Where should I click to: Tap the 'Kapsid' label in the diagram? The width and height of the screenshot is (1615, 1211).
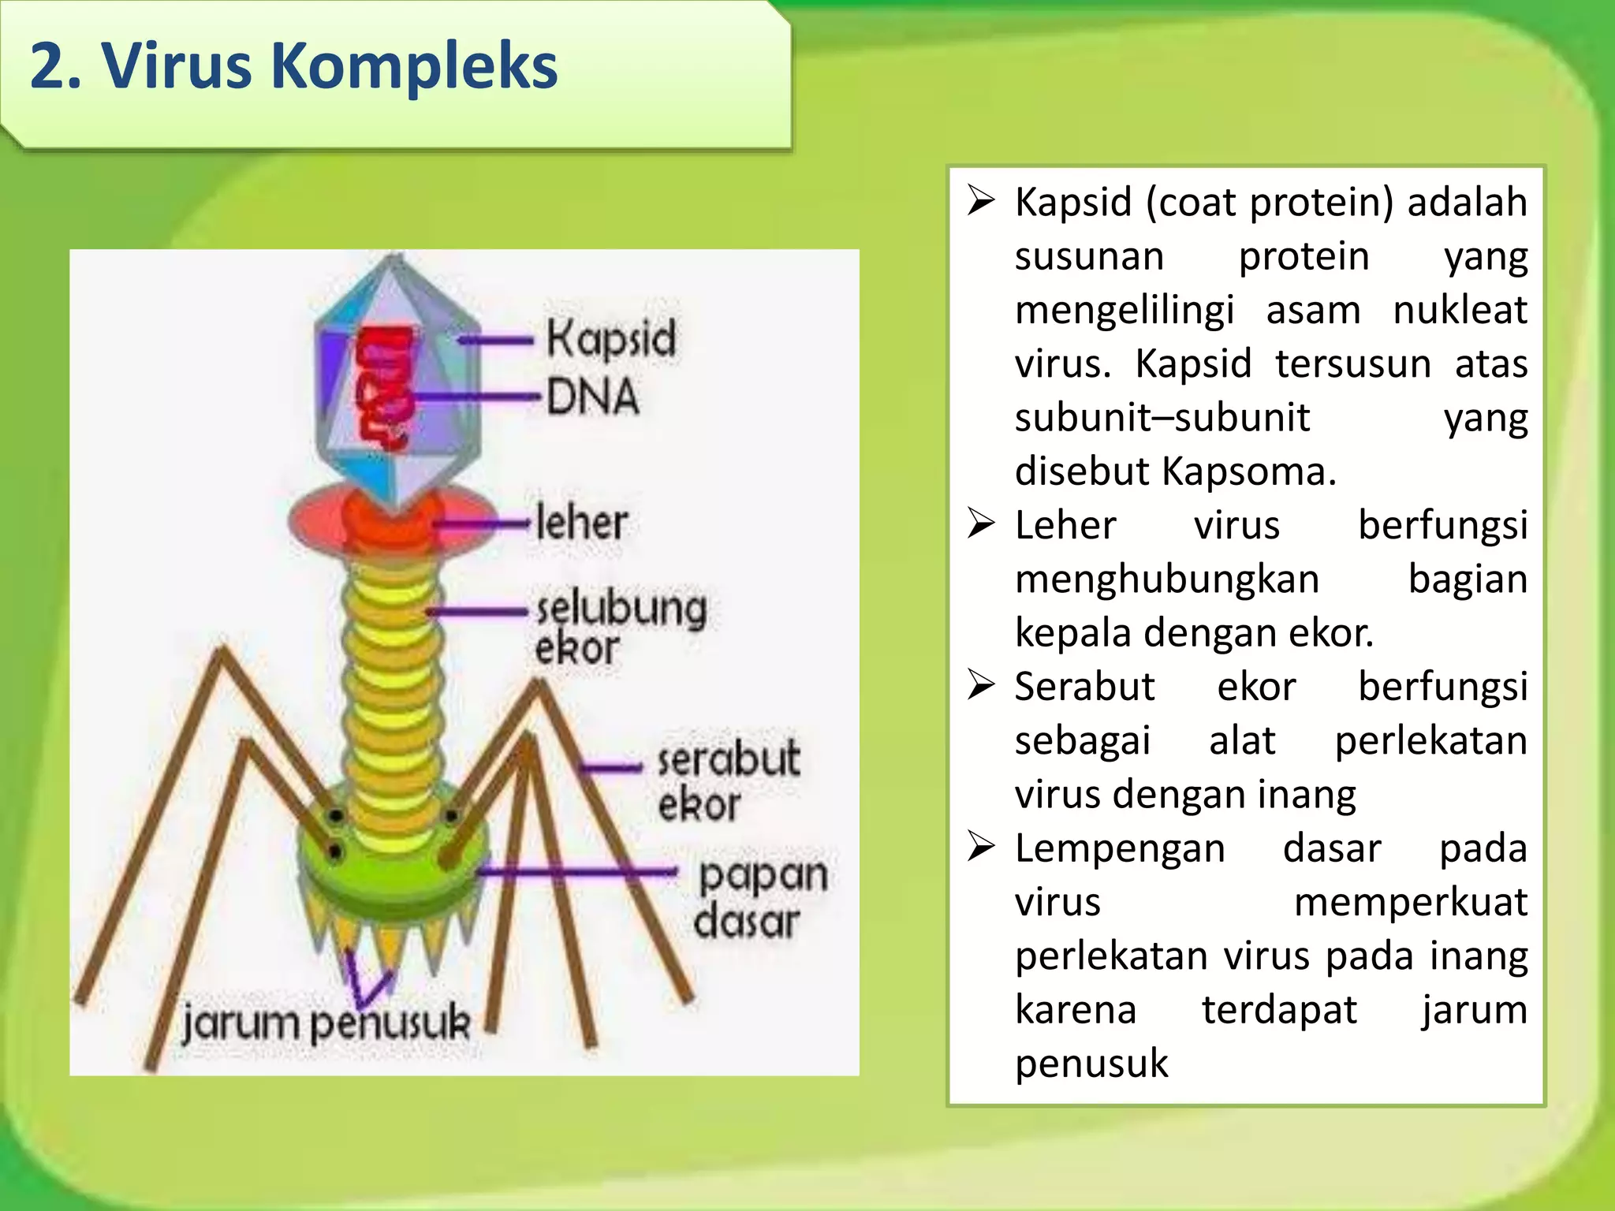click(x=611, y=340)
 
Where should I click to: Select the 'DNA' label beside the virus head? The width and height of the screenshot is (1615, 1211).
click(x=592, y=396)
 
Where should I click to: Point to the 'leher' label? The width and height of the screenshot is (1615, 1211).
click(x=581, y=522)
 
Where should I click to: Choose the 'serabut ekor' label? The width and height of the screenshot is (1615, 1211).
click(x=728, y=780)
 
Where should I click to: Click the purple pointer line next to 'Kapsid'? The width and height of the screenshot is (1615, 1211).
click(x=496, y=341)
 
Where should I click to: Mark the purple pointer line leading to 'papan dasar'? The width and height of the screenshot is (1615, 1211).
click(x=576, y=871)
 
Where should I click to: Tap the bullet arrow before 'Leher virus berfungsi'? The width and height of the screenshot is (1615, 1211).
click(x=982, y=524)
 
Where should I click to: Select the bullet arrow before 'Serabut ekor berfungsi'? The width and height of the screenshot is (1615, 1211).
click(x=982, y=686)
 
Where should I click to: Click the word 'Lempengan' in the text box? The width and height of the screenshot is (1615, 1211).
click(x=1120, y=848)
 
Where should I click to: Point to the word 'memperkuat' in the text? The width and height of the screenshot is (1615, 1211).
click(x=1410, y=902)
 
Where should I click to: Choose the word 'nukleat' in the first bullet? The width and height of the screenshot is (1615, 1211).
click(x=1460, y=310)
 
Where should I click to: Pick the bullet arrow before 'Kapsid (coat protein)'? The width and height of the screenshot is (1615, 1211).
click(x=982, y=202)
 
